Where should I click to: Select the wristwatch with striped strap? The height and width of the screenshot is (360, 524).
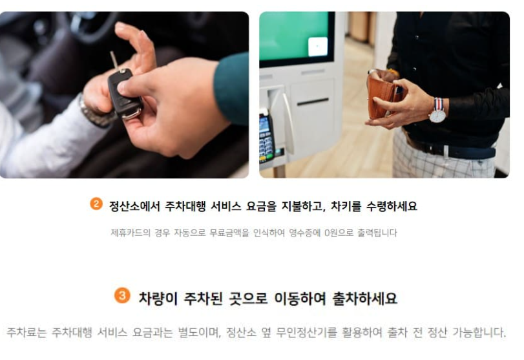point(437,111)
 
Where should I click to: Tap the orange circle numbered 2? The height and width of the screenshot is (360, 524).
point(96,204)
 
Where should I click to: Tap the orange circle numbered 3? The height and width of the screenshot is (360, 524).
point(121,296)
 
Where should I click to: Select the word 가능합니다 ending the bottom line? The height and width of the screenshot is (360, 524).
point(477,333)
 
